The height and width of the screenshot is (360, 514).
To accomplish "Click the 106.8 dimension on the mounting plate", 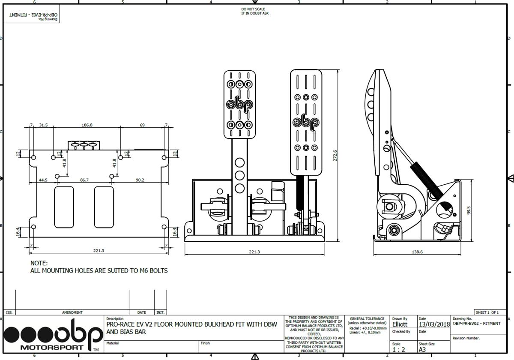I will pos(87,125).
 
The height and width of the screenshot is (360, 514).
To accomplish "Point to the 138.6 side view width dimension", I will pos(417,252).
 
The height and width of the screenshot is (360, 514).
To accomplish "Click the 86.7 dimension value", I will pos(84,180).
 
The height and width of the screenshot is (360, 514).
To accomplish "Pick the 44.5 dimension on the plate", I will pos(43,180).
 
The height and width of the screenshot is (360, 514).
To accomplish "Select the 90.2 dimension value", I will pos(140,180).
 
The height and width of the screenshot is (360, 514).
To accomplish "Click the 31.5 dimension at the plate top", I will pos(43,125).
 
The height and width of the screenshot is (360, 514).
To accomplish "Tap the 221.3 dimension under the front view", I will pos(254,252).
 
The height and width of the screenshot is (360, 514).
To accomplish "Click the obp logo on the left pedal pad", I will pos(239,104).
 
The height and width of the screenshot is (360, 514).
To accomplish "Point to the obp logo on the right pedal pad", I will pos(305,123).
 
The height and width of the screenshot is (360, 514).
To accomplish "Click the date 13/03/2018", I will pos(434,324).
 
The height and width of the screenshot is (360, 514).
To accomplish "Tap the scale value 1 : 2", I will pos(399,350).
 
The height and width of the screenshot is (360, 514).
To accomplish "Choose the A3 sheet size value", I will pos(423,350).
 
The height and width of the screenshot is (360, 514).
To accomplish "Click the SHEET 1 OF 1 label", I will pos(487,312).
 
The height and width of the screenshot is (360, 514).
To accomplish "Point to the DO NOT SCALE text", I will pos(253,9).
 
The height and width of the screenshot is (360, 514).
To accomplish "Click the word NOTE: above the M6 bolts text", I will pos(39,263).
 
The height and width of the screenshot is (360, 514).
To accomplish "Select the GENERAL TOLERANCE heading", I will pos(367,319).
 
